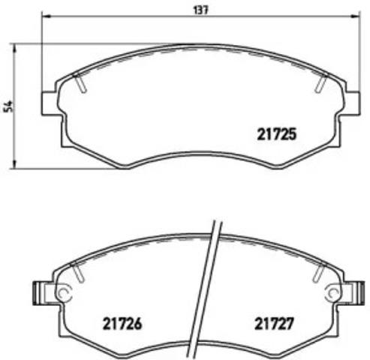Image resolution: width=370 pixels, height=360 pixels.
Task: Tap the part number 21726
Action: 122,326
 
